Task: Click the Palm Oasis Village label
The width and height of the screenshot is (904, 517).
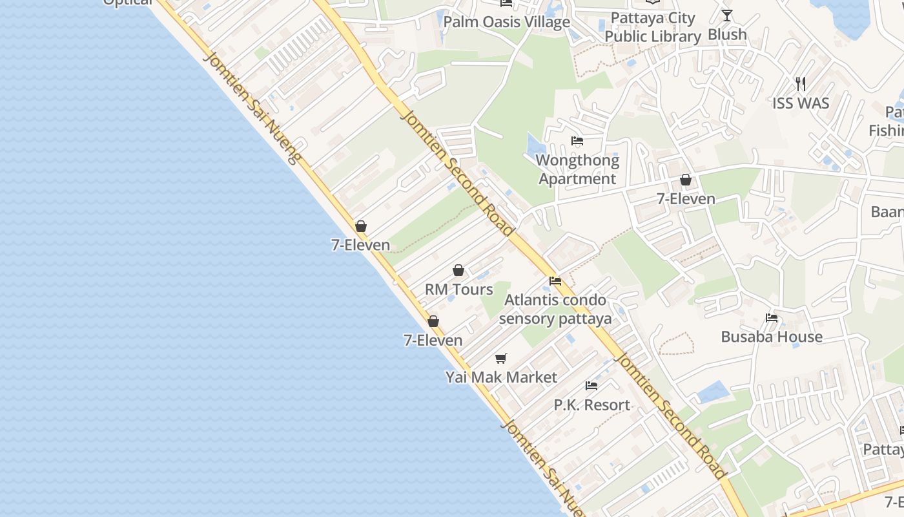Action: pos(506,22)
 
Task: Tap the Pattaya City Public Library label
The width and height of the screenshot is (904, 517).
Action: pos(653,27)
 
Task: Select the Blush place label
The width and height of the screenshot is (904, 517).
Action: pos(727,34)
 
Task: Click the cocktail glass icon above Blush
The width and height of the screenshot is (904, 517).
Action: pos(727,16)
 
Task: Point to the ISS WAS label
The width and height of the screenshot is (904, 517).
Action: pos(801,103)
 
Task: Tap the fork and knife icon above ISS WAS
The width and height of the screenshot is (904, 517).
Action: pos(801,83)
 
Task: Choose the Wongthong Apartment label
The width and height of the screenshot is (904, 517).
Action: pos(577,169)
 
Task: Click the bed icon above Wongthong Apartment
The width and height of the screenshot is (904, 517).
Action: pos(577,141)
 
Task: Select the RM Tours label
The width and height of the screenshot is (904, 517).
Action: pos(458,290)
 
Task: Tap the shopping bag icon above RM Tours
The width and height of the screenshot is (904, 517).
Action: pos(458,270)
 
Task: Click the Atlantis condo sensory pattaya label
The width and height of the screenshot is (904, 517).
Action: pos(555,309)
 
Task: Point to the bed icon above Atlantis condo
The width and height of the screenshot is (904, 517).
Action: pos(555,281)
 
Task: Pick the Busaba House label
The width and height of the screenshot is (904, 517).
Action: pos(772,337)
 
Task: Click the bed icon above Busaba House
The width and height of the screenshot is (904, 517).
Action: pos(772,318)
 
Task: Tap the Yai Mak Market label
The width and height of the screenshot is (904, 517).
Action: pos(501,377)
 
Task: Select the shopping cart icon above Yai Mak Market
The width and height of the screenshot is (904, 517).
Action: pos(501,358)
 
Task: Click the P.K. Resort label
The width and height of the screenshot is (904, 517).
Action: pos(591,405)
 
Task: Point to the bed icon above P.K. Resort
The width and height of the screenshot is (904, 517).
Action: pos(591,386)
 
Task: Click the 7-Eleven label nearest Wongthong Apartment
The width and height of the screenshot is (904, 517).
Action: pos(686,199)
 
